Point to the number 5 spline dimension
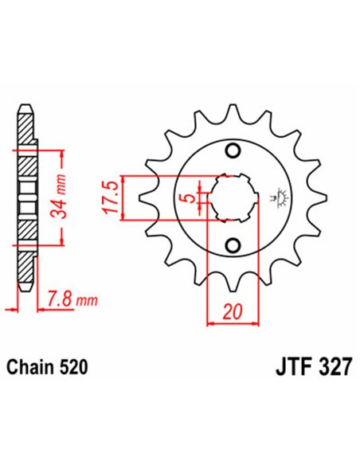point(184,198)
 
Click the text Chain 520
point(47,368)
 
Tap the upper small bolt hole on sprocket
point(233,152)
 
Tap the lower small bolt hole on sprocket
point(233,244)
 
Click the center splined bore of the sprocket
point(232,198)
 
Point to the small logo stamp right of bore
point(280,198)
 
